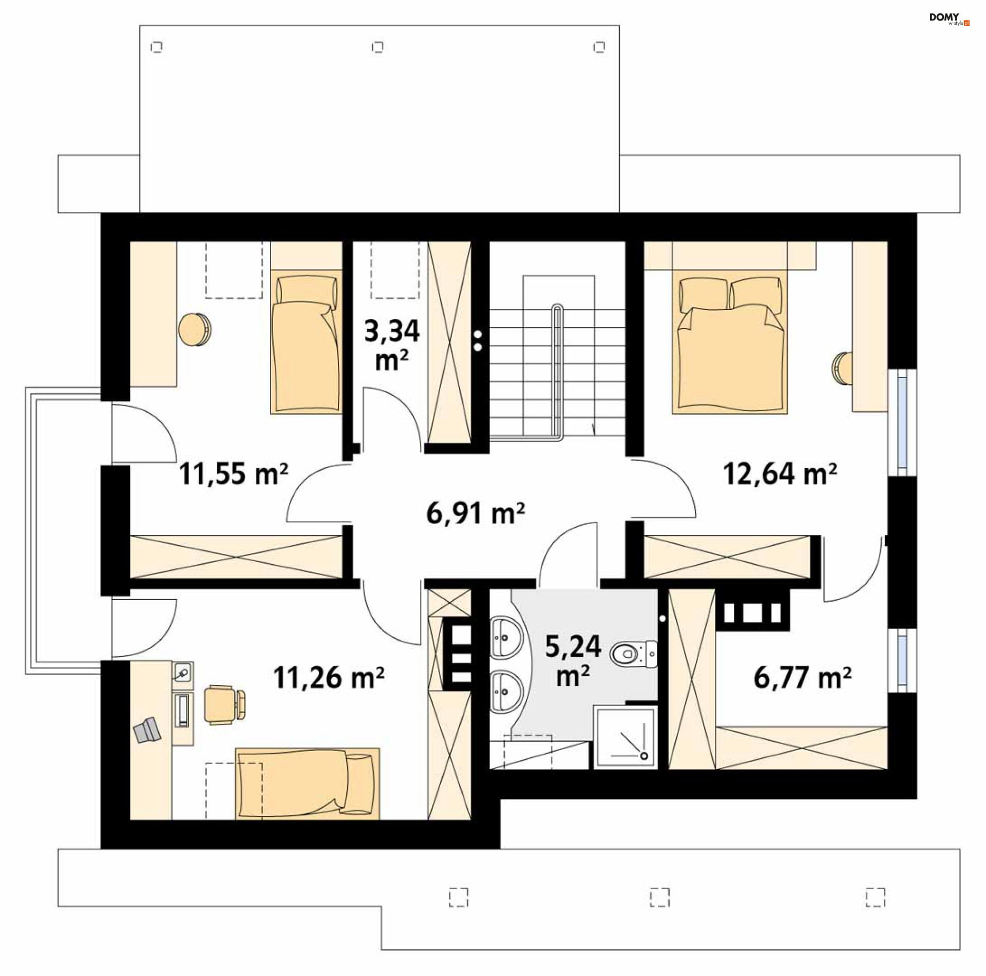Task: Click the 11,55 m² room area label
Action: (234, 473)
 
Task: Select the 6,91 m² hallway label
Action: (476, 513)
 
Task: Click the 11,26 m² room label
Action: (329, 677)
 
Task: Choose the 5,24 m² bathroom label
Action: (573, 661)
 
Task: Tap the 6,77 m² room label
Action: (802, 677)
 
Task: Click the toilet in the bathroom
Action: (634, 654)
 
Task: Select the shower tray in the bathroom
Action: (625, 738)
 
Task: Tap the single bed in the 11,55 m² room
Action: (306, 342)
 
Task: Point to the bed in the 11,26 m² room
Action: (307, 783)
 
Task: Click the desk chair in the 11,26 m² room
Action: (225, 704)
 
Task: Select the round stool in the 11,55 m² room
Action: (195, 329)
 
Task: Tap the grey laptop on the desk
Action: (147, 730)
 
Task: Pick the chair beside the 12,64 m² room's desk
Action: (842, 368)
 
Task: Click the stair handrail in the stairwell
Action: (557, 373)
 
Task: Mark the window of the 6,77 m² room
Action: (902, 660)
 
